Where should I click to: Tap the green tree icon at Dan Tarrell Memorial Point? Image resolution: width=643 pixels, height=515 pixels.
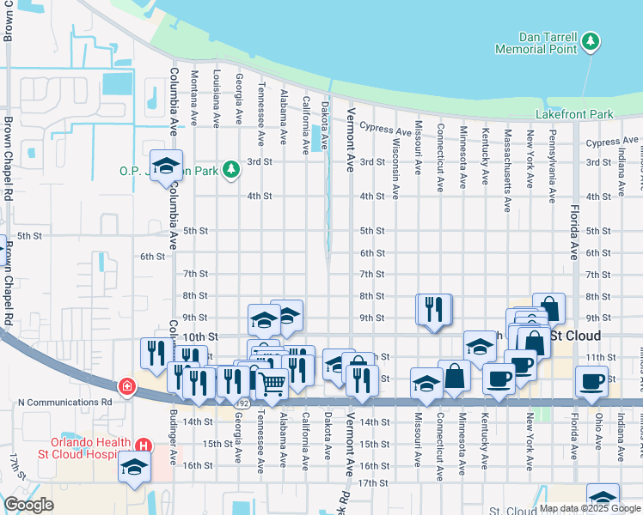click(x=590, y=41)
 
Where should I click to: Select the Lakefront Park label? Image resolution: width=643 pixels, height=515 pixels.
click(x=574, y=114)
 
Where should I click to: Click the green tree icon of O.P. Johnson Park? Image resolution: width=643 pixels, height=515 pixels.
click(x=230, y=169)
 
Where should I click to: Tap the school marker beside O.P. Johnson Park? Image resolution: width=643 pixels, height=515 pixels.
click(x=167, y=164)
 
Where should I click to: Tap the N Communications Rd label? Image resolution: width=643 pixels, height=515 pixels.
click(x=65, y=401)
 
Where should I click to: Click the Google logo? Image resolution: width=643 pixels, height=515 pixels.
click(x=28, y=505)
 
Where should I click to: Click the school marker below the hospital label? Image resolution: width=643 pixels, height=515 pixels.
click(x=135, y=466)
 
